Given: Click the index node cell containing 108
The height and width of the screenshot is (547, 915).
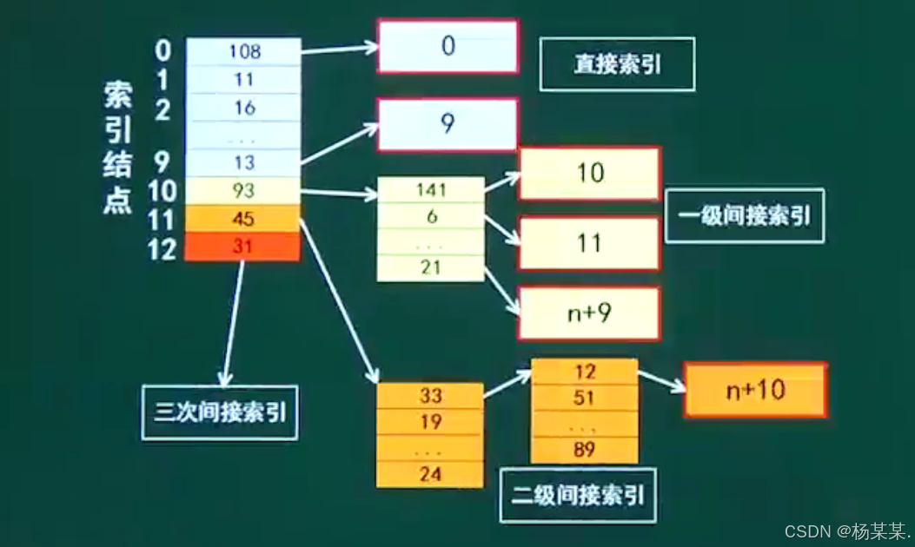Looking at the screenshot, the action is coord(244,51).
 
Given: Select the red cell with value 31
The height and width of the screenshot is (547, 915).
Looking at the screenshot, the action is coord(244,247).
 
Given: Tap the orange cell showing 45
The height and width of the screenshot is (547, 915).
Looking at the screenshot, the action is coord(244,219).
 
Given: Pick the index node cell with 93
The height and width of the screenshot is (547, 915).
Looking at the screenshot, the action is coord(244,190).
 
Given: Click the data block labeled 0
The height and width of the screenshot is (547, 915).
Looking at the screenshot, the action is coord(448,46).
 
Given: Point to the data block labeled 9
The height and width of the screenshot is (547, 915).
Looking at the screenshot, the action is coord(448,124).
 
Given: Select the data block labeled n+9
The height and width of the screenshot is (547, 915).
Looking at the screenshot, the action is coord(589,313).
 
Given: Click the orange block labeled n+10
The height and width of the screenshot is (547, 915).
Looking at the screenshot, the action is coord(754,390).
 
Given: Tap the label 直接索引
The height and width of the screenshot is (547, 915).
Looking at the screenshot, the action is coord(617,64).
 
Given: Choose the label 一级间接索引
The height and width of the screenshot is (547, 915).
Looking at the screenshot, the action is coord(745,215).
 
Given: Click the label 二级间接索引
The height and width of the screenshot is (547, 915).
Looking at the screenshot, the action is coord(579,496).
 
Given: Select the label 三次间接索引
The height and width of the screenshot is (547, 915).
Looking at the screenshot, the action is coord(220,412).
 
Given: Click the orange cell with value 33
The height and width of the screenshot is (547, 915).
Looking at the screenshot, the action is coord(430,396).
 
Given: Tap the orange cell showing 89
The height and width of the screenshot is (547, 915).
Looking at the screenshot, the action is coord(585,450).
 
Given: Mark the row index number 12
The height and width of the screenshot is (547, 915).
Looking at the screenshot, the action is coord(162,249).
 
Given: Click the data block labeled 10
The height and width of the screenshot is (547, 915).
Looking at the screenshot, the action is coord(589,173).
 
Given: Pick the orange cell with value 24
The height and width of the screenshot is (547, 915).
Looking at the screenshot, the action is coord(430,474).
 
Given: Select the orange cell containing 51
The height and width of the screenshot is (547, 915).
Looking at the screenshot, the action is coord(585,399).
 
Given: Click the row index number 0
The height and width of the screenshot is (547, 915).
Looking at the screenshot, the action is coord(162,50).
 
